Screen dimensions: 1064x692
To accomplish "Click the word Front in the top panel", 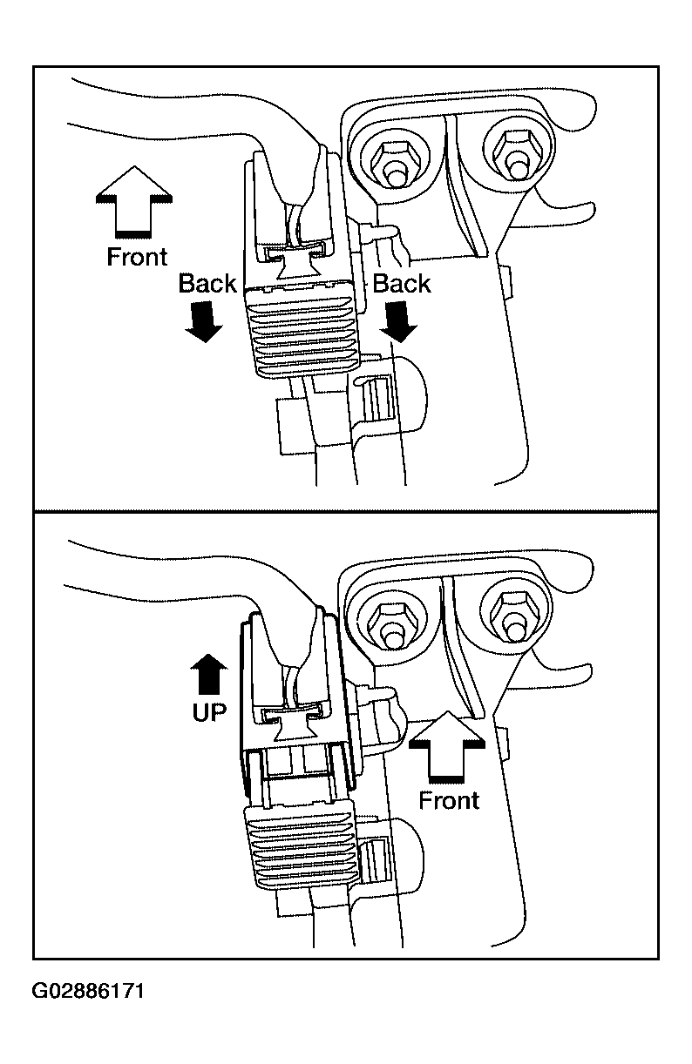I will (137, 257).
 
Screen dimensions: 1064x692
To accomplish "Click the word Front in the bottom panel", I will (450, 799).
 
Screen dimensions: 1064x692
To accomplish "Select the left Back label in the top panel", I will (207, 283).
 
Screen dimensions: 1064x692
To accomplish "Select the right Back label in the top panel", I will (402, 283).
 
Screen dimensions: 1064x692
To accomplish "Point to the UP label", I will (209, 712).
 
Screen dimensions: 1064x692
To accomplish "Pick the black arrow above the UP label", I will (209, 673).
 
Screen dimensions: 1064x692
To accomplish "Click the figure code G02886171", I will (88, 992).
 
